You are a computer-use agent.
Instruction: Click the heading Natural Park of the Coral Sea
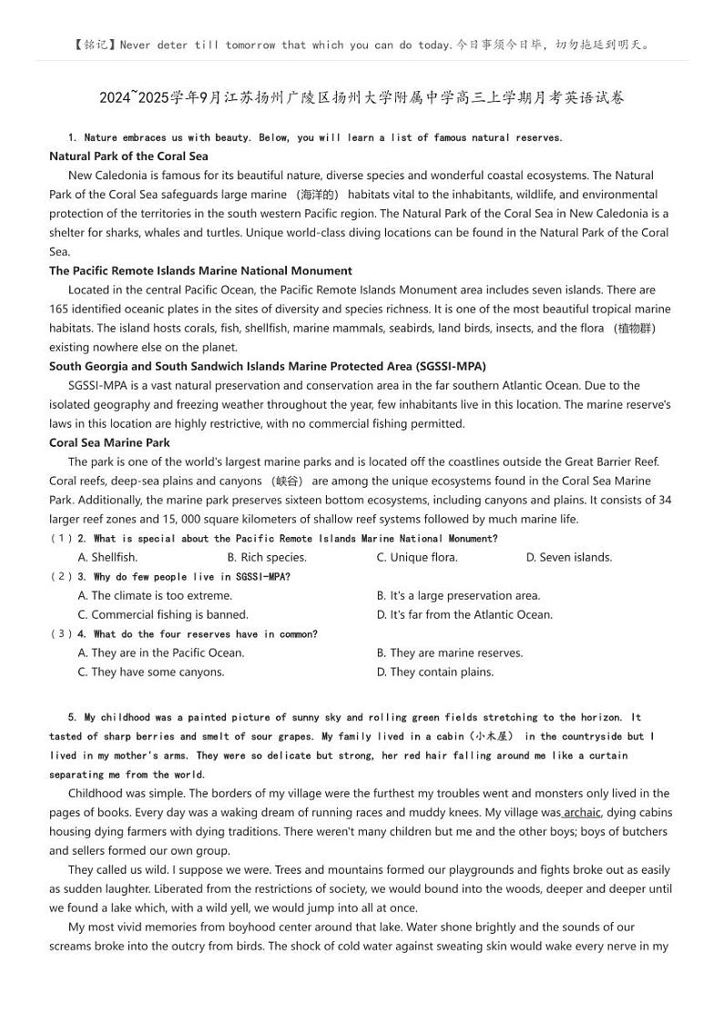pyautogui.click(x=128, y=157)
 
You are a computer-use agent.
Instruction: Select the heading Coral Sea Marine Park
pyautogui.click(x=109, y=442)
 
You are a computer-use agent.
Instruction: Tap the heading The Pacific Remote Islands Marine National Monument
pyautogui.click(x=200, y=270)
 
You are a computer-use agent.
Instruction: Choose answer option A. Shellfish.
pyautogui.click(x=107, y=557)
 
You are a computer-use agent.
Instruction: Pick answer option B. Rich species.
pyautogui.click(x=267, y=557)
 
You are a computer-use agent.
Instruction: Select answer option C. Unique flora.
pyautogui.click(x=417, y=557)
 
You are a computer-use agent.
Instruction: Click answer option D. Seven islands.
pyautogui.click(x=569, y=557)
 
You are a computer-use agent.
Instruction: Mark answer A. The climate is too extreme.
pyautogui.click(x=155, y=595)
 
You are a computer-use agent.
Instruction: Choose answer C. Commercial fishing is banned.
pyautogui.click(x=163, y=614)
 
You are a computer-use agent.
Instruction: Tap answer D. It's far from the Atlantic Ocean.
pyautogui.click(x=464, y=614)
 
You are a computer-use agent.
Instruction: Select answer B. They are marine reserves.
pyautogui.click(x=450, y=653)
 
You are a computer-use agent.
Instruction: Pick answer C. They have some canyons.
pyautogui.click(x=151, y=672)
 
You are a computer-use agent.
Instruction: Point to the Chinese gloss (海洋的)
pyautogui.click(x=318, y=195)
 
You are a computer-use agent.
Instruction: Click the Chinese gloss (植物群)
pyautogui.click(x=634, y=329)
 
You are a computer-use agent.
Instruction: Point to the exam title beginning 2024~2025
pyautogui.click(x=361, y=98)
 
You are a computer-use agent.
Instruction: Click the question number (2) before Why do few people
pyautogui.click(x=61, y=576)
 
